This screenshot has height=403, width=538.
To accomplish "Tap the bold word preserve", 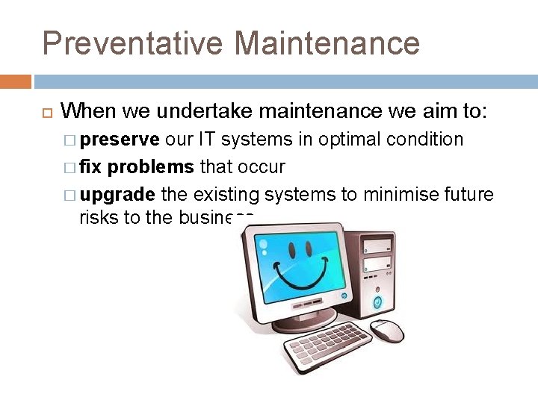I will (120, 140).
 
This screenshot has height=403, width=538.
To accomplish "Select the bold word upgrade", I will (117, 195).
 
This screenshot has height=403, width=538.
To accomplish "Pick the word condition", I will (432, 140).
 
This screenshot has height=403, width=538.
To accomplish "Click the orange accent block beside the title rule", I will (16, 81).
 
